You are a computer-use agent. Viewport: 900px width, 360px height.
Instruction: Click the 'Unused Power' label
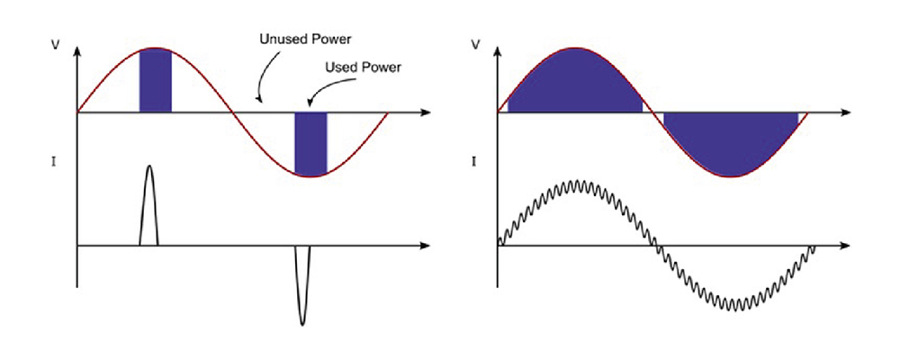click(x=305, y=40)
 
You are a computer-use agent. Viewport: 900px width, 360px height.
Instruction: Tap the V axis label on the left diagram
click(x=56, y=43)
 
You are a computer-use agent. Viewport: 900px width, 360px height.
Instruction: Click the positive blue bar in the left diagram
click(x=155, y=81)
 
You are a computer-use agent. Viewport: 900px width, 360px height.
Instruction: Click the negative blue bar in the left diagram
click(x=310, y=141)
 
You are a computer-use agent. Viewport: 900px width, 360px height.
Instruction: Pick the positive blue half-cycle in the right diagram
click(x=574, y=85)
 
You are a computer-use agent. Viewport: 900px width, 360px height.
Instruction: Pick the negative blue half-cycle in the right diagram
click(x=731, y=142)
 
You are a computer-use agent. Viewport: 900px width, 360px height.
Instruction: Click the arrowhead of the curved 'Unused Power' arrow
click(x=258, y=98)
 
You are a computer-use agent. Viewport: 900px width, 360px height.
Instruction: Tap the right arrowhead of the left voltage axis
click(x=426, y=112)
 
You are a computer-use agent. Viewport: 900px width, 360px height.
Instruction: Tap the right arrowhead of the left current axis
click(x=426, y=245)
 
